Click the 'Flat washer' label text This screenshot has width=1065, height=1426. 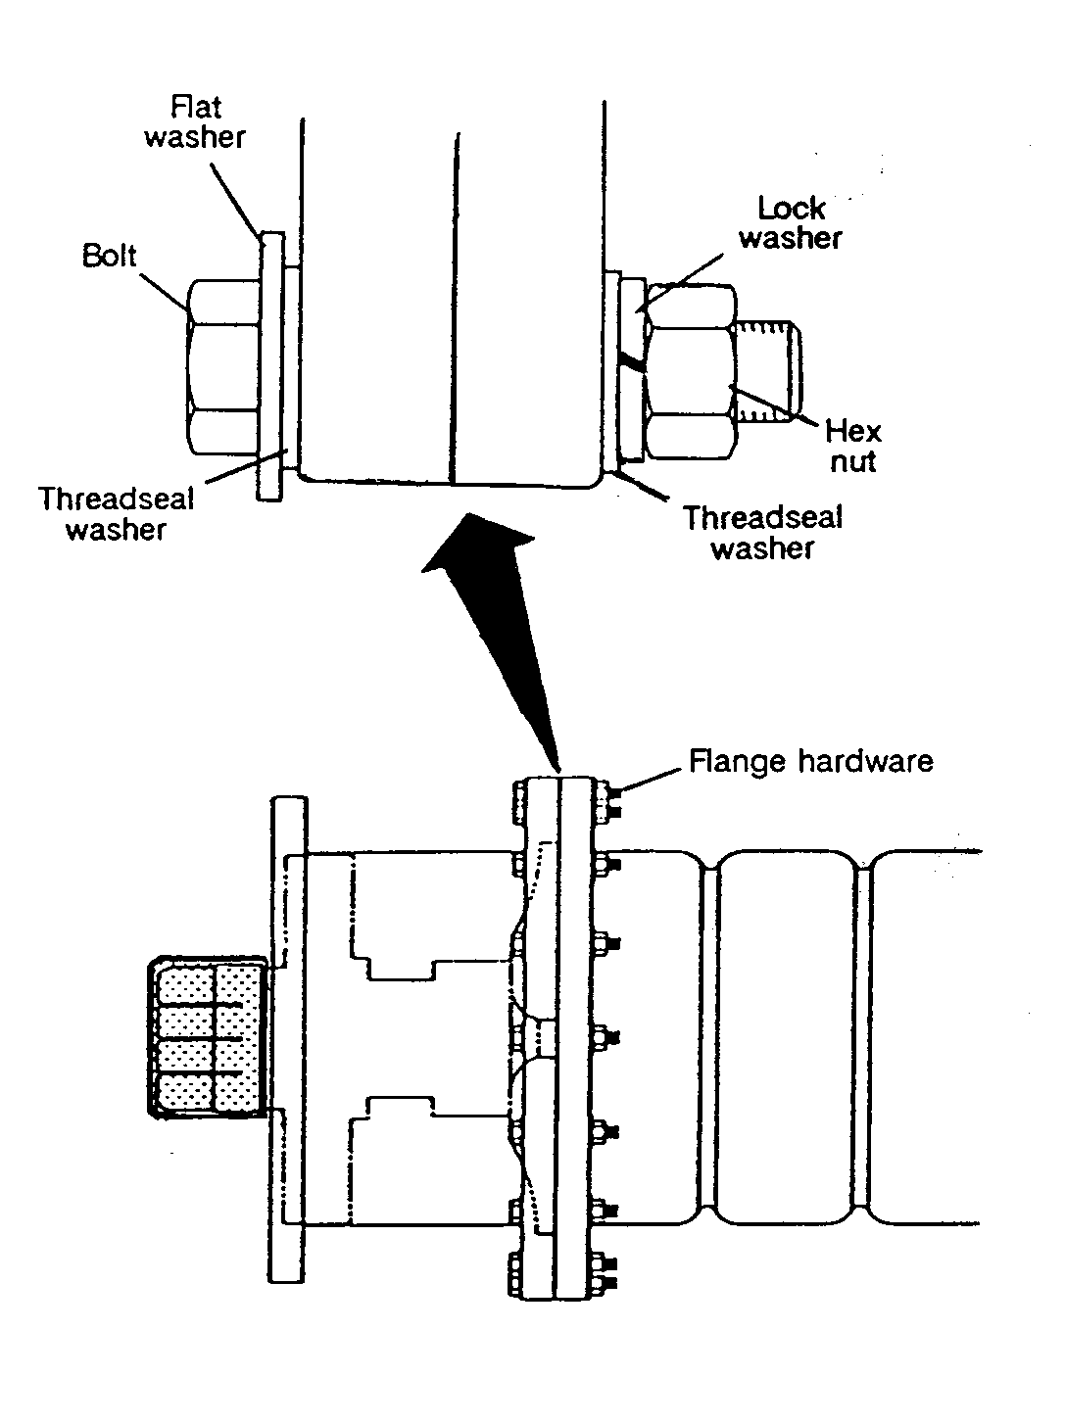195,122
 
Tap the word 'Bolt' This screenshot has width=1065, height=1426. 109,256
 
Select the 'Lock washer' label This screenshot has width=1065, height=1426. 790,223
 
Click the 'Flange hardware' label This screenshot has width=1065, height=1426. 811,761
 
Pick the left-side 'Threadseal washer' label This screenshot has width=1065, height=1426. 117,514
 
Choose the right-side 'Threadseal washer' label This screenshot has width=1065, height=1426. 763,533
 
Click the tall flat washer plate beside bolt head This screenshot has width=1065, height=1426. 271,366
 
